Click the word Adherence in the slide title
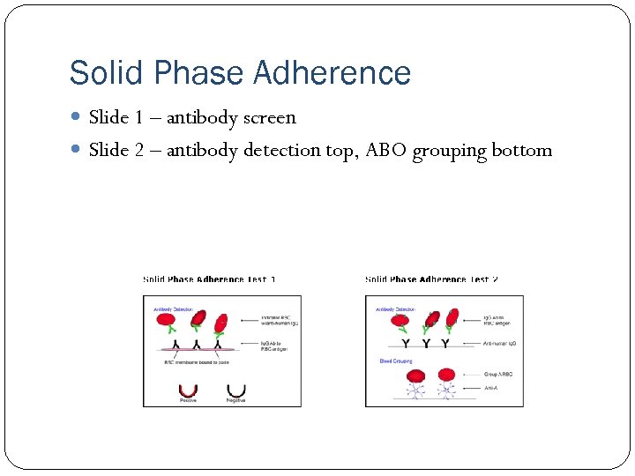point(332,73)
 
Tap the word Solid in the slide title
point(97,73)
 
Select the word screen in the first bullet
point(271,117)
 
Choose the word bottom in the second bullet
point(522,150)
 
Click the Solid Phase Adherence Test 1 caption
point(210,279)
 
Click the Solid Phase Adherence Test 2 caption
point(432,279)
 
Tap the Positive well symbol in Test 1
point(188,390)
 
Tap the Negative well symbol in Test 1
point(235,390)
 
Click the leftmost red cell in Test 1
point(166,320)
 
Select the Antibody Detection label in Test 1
point(174,309)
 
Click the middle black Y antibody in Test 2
point(428,343)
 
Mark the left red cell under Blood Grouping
point(415,376)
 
